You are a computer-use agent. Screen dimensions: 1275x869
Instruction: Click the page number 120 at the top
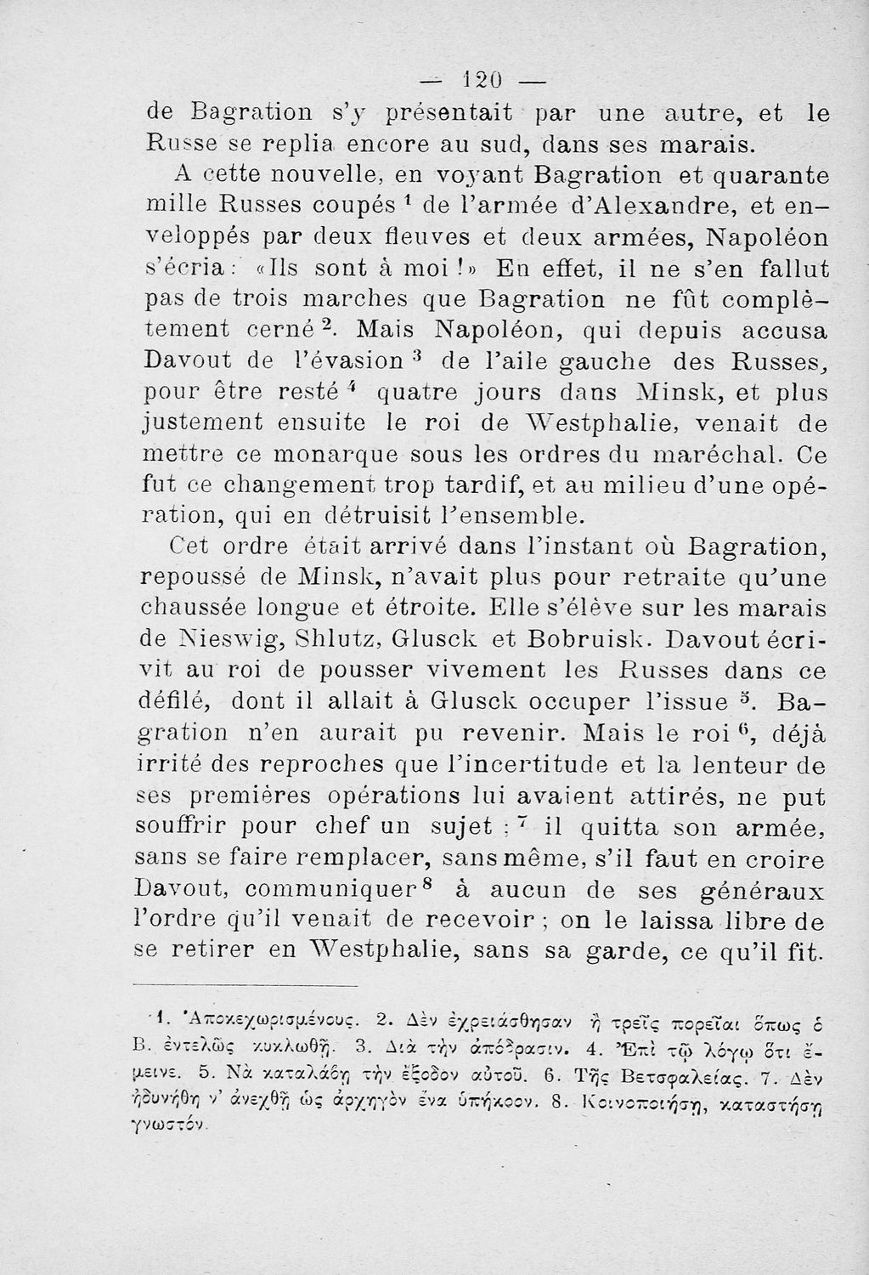pyautogui.click(x=481, y=82)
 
